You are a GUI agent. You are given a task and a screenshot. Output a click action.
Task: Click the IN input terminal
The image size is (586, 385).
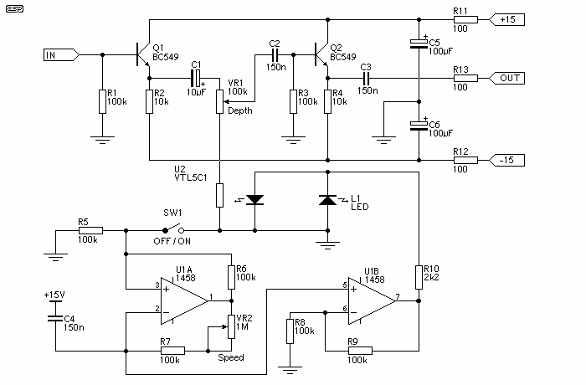[61, 55]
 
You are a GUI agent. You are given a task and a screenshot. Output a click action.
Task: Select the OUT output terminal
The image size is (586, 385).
[507, 78]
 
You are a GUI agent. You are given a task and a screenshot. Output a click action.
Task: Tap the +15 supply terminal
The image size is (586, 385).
[507, 19]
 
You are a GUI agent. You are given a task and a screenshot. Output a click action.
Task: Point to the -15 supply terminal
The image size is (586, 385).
[507, 160]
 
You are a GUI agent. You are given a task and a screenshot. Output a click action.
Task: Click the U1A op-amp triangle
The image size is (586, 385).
[184, 301]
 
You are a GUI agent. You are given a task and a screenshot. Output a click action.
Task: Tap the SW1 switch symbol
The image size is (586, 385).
[173, 228]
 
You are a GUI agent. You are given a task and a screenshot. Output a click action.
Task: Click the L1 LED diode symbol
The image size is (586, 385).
[328, 200]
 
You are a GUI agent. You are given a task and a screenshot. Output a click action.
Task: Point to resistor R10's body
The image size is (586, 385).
[419, 277]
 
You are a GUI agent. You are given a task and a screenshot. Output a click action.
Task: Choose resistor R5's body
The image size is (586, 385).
[90, 231]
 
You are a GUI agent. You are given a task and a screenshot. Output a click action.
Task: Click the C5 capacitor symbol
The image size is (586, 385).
[419, 44]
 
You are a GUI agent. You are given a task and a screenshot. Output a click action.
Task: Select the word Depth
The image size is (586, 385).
[240, 110]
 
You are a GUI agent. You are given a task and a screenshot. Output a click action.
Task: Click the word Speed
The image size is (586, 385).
[231, 357]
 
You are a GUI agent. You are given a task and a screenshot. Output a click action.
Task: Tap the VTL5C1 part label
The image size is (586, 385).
[191, 177]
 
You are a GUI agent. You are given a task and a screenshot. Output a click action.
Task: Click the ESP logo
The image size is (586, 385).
[14, 8]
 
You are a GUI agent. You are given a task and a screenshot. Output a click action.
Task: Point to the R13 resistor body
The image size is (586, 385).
[465, 78]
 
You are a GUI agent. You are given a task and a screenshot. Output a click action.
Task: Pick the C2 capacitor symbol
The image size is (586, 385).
[275, 55]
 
